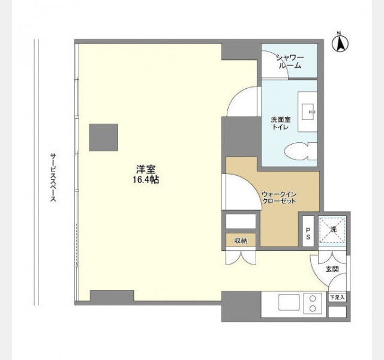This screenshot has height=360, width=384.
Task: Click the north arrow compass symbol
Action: [340, 44]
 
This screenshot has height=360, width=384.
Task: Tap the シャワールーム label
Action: [290, 62]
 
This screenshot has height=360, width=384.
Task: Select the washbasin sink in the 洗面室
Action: [308, 112]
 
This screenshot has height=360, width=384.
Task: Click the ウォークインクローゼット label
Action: [279, 197]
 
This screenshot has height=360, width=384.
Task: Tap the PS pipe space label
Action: [308, 234]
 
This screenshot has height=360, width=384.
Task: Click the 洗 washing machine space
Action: [332, 229]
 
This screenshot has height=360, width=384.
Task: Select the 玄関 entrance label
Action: [332, 269]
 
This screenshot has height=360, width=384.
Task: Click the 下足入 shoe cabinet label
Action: [337, 298]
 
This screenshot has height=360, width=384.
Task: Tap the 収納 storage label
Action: [241, 241]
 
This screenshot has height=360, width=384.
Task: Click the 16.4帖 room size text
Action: [146, 180]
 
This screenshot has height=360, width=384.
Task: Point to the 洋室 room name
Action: [146, 169]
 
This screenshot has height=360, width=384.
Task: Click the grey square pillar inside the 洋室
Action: [103, 137]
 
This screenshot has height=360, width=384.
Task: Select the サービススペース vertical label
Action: [53, 178]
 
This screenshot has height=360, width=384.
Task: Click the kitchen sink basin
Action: [289, 302]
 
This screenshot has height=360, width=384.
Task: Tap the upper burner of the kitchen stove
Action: [313, 299]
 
